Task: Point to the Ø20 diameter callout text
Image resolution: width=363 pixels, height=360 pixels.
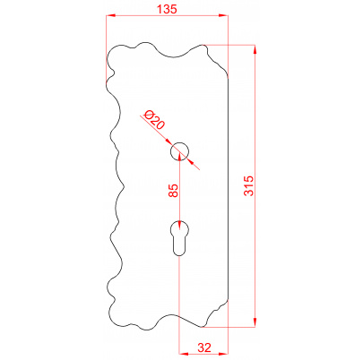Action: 152,121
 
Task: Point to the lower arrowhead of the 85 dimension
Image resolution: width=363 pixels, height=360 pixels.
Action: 180,223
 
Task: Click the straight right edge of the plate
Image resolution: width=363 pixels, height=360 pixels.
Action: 230,188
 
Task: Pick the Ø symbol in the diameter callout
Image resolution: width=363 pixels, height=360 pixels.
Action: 147,116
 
